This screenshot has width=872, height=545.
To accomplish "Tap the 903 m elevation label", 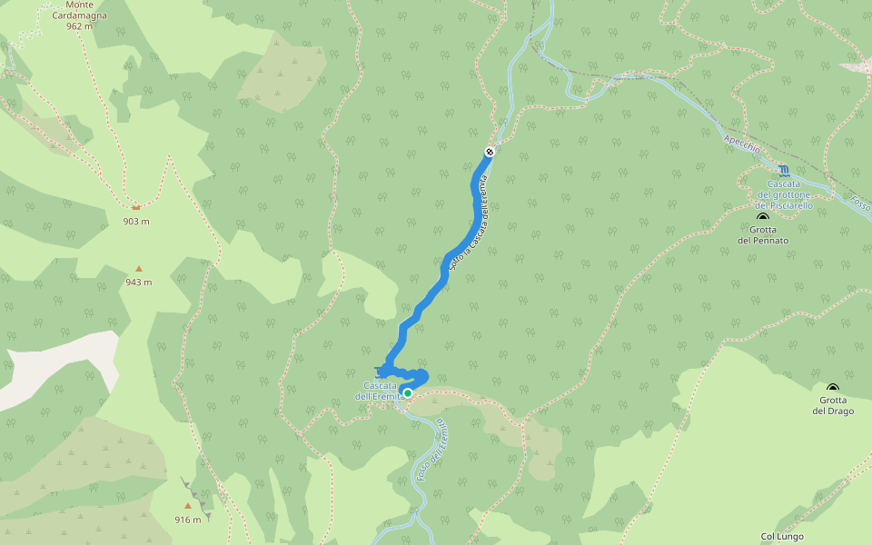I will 136,221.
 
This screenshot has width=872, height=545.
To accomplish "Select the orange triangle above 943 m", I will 139,268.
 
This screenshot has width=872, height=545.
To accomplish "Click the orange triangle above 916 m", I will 188,506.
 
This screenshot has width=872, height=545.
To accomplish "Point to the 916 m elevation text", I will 188,520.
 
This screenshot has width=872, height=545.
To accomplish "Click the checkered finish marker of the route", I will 490,152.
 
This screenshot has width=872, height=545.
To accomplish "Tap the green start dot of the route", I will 408,393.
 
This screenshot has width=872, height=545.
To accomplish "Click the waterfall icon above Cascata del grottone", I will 784,171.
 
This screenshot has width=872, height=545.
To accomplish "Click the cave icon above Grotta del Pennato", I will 763,217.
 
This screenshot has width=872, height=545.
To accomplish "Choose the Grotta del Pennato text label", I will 763,234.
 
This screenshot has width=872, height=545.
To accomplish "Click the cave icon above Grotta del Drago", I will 833,388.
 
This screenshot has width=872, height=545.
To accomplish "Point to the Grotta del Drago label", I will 833,405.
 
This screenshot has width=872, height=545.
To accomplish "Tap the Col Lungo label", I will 782,536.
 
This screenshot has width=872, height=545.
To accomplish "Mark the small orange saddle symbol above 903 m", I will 136,207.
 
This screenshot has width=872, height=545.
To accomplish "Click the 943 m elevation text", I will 139,282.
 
